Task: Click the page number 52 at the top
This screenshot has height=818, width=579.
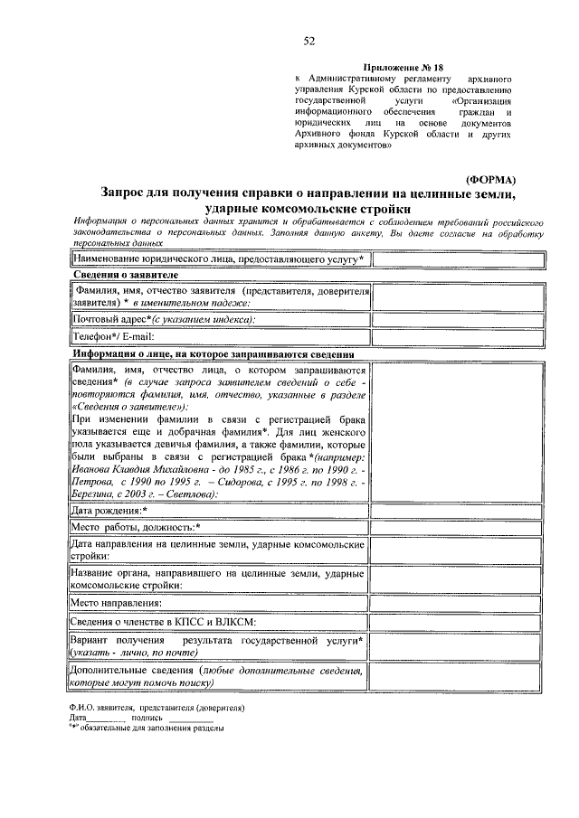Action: point(309,42)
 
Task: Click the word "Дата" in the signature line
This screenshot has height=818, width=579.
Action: point(76,718)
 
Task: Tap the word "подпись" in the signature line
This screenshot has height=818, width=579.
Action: point(147,718)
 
